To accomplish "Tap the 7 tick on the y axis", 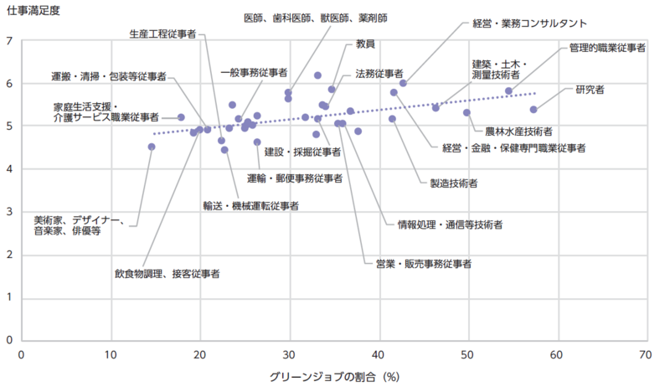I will tap(9, 41).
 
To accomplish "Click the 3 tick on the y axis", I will tap(9, 213).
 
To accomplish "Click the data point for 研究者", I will tap(533, 110).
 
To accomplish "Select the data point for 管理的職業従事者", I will tap(508, 90).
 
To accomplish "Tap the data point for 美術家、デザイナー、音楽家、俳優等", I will tap(152, 147).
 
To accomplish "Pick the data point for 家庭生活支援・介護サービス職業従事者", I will tap(181, 117).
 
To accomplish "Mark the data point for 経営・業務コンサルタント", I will tap(403, 83).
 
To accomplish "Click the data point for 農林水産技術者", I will tap(466, 112).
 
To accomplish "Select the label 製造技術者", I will tap(453, 183).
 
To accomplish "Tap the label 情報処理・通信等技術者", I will tap(450, 224).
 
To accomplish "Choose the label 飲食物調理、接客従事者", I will tap(167, 273).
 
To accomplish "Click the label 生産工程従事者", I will tap(163, 34).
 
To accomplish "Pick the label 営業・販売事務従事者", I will tap(423, 264).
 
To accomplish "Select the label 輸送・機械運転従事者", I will tap(250, 204).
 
